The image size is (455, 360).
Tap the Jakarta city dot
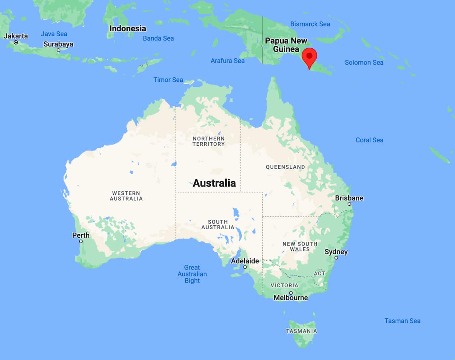point(16,42)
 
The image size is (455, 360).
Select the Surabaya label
point(58,44)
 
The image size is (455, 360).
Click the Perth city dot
point(81,241)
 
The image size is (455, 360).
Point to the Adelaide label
point(245,261)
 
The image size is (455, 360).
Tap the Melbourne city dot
point(291,293)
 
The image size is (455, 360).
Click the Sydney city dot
point(336,258)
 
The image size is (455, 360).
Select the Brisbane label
point(349,198)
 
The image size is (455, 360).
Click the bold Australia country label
point(214,183)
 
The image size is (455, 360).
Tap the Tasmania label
point(301,331)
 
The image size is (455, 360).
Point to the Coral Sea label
point(369,140)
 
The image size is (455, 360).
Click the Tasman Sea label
point(402,321)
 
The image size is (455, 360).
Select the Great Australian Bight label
point(192,274)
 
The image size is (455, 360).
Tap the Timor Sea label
point(168,80)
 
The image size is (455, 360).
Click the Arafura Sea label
point(227,61)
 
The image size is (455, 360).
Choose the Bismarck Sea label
point(310,24)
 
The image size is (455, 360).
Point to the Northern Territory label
point(209,141)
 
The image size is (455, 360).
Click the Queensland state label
point(285,167)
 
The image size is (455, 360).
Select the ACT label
point(320,273)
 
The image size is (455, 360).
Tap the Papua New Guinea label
point(286,45)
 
